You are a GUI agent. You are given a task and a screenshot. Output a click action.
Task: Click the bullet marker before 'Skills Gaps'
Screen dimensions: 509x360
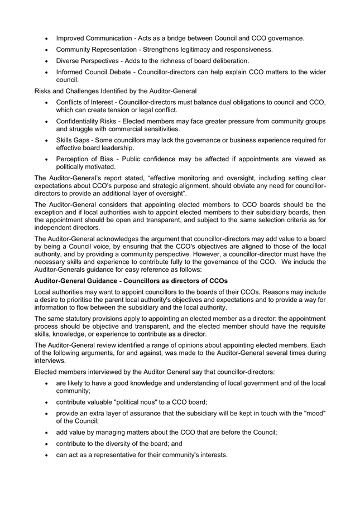pos(45,140)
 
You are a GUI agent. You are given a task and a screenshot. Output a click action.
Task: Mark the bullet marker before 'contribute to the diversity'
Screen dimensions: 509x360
pos(45,444)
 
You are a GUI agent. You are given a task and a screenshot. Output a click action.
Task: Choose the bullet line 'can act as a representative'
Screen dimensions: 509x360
pos(142,455)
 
